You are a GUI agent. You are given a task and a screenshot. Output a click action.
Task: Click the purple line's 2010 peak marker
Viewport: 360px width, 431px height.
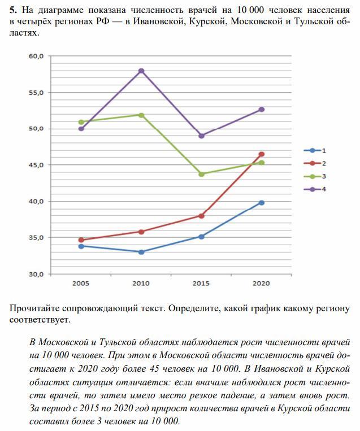pyautogui.click(x=141, y=71)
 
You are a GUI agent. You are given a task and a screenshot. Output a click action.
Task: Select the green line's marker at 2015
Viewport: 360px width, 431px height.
pyautogui.click(x=201, y=174)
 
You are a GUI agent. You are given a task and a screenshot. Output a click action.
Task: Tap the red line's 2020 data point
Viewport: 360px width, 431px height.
pyautogui.click(x=261, y=154)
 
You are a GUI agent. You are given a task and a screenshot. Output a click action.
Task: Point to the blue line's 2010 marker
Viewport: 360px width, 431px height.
pyautogui.click(x=141, y=252)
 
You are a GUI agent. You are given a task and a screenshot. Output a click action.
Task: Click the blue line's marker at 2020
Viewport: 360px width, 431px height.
pyautogui.click(x=261, y=203)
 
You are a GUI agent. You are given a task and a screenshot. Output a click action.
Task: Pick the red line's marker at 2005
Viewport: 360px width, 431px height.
pyautogui.click(x=81, y=240)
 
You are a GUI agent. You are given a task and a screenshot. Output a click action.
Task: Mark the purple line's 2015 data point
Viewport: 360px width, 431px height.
pyautogui.click(x=201, y=136)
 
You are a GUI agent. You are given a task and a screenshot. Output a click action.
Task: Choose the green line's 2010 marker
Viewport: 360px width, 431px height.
pyautogui.click(x=141, y=115)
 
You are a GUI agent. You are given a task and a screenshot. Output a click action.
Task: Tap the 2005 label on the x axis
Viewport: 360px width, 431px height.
pyautogui.click(x=81, y=284)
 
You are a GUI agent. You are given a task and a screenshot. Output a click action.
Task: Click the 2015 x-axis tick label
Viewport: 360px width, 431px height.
pyautogui.click(x=201, y=284)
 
